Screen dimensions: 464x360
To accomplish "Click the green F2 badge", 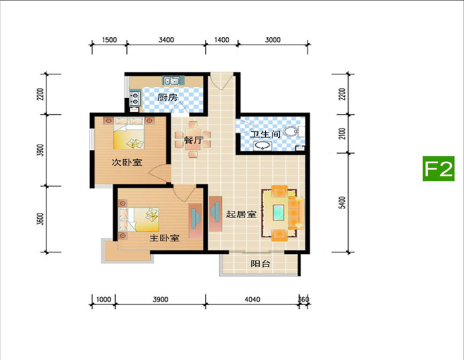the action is (438, 168).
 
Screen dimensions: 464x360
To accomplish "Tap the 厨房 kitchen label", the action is (167, 97).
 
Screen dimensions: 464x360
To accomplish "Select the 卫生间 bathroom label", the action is (265, 134).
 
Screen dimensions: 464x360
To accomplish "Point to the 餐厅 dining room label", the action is (194, 140).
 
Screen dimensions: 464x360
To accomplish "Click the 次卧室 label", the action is (127, 162).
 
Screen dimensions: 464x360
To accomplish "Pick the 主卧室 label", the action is (164, 238).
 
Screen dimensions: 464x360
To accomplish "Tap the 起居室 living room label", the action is (241, 214).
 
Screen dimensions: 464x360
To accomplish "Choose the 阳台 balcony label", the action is (261, 264).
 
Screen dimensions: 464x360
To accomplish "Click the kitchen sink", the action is (172, 80).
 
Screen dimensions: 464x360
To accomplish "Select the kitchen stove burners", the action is (135, 99).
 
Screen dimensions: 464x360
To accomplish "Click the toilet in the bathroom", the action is (294, 132).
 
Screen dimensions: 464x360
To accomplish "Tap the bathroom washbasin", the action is (262, 146).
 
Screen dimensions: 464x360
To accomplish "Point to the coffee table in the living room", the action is (279, 212).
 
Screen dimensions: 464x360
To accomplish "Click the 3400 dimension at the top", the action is (166, 40).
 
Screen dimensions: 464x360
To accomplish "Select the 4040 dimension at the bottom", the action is (253, 299).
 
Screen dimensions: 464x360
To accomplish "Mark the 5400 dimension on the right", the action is (342, 202).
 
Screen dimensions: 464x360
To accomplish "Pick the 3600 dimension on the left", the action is (40, 219).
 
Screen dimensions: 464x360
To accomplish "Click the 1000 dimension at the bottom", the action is (103, 299).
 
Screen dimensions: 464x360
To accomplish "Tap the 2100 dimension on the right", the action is (342, 134).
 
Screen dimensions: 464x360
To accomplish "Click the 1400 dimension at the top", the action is (221, 40).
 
